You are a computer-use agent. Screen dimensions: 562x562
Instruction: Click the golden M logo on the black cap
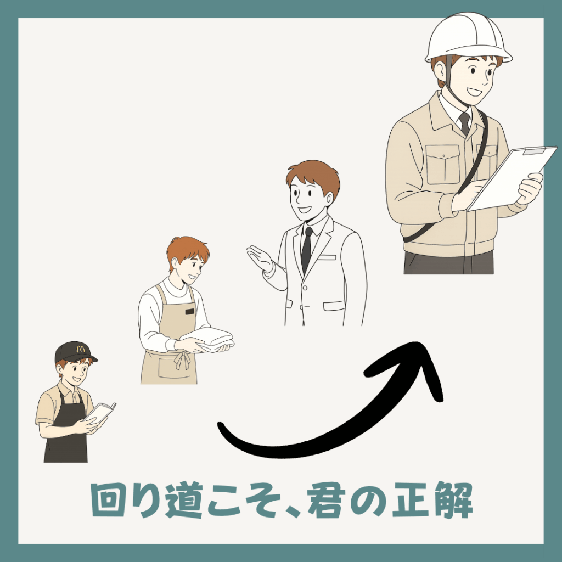click(81, 349)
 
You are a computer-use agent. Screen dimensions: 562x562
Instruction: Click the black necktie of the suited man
click(306, 249)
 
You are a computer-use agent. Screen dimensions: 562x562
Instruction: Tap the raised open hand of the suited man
click(260, 258)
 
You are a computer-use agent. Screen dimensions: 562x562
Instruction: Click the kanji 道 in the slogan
click(183, 499)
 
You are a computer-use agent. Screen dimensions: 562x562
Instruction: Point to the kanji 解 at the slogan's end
click(454, 499)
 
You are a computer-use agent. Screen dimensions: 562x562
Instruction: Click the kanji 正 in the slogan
click(411, 500)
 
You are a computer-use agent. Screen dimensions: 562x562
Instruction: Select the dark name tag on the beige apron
click(189, 312)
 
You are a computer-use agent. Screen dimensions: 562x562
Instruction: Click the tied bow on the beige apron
click(182, 359)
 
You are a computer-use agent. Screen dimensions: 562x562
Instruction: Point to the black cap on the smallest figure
click(75, 352)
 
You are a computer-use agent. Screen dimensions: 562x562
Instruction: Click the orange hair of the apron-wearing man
click(187, 249)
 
